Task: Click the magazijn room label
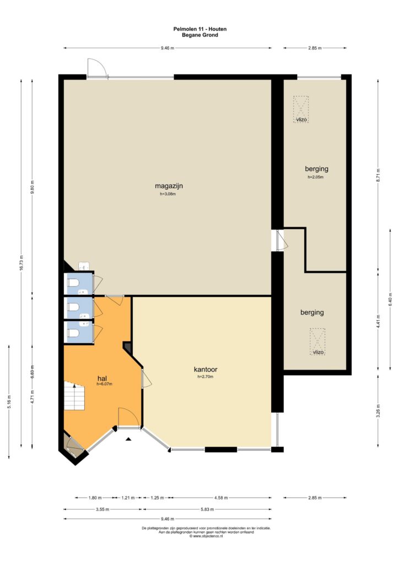(169, 186)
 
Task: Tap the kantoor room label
(206, 369)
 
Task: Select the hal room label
(103, 379)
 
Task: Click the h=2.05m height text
(316, 177)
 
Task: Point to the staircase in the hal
(74, 396)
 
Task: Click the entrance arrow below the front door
(128, 439)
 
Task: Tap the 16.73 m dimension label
(21, 263)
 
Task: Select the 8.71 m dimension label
(378, 175)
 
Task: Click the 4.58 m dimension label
(221, 498)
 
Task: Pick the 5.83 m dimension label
(207, 509)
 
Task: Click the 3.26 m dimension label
(378, 411)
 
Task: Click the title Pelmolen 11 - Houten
(199, 29)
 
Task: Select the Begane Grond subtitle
(199, 35)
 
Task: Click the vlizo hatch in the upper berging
(301, 110)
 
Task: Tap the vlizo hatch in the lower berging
(317, 342)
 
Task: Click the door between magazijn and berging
(281, 241)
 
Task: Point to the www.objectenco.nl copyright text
(206, 536)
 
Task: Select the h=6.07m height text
(104, 384)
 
